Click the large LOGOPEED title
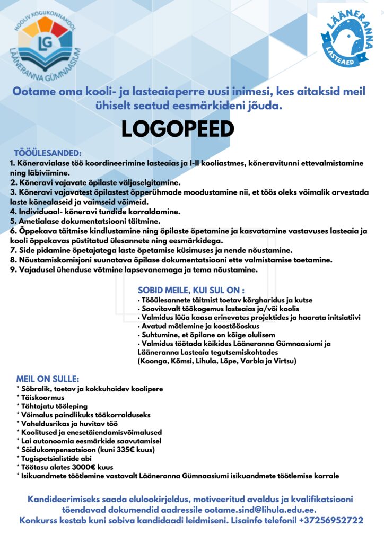pos(177,128)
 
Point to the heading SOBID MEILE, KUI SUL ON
pos(191,290)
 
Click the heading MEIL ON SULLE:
pos(48,379)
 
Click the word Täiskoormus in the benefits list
pos(41,397)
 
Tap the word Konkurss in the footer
pos(38,520)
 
